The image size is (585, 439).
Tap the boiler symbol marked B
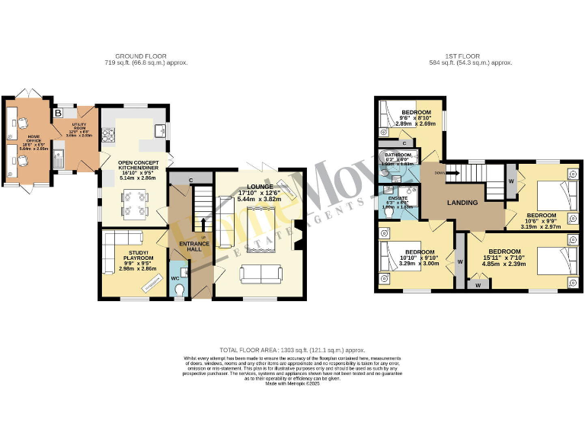[x=59, y=114]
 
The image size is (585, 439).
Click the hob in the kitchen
[x=107, y=138]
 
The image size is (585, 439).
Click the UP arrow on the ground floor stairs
[x=203, y=221]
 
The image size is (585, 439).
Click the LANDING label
[x=462, y=203]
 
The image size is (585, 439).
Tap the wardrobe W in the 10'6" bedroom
[x=511, y=181]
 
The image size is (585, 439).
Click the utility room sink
[x=59, y=158]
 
